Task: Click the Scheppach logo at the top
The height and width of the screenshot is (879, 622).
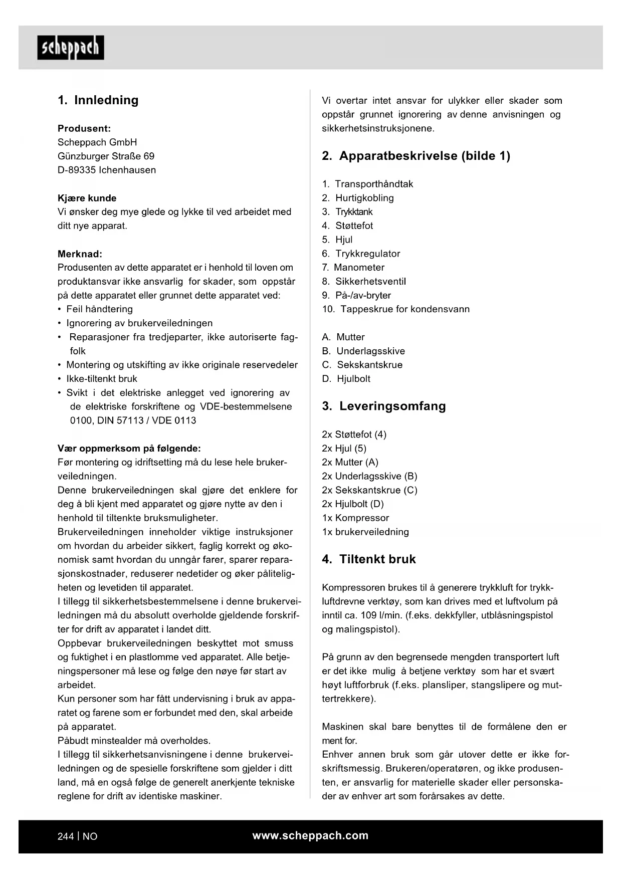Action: point(71,48)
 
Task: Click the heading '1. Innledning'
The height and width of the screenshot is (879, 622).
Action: point(98,100)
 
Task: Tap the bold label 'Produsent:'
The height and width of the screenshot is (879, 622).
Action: point(84,128)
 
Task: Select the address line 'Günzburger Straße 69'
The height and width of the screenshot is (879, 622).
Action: point(106,156)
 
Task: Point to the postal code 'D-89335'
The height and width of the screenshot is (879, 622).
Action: point(77,170)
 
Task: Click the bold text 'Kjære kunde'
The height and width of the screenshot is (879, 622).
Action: point(87,198)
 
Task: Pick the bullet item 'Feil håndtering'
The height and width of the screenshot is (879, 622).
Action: point(99,309)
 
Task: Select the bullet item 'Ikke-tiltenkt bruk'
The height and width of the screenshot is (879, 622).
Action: point(102,379)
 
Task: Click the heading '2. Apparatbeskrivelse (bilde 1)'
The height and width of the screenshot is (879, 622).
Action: point(416,156)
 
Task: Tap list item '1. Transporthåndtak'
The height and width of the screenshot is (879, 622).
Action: point(367,184)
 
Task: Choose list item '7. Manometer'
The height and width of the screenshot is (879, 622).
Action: point(353,268)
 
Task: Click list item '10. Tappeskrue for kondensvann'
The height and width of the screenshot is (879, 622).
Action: point(395,309)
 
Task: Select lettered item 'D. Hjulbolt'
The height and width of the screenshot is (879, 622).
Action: point(346,379)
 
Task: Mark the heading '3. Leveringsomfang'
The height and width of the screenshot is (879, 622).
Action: point(383,406)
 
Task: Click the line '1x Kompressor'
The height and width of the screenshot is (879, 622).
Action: point(355,518)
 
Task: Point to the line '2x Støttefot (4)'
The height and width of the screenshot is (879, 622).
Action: point(354,434)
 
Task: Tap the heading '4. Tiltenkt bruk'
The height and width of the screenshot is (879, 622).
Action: point(368,559)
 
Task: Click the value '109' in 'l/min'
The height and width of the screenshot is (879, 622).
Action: point(368,615)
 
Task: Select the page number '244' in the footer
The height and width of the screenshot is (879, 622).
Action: point(66,836)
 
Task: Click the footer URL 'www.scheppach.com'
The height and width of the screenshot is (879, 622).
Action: point(310,835)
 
